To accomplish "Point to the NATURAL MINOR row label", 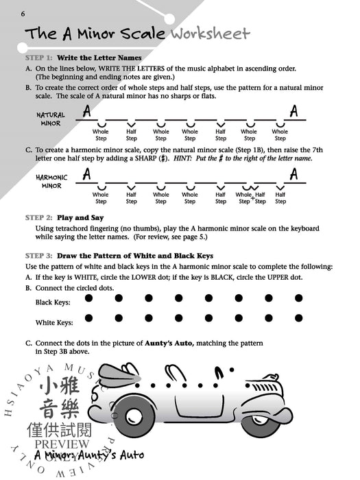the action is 50,119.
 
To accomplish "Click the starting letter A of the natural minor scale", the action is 86,110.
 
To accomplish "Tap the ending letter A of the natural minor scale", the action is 293,110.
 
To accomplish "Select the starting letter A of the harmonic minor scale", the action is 86,174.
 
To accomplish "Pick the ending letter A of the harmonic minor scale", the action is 293,174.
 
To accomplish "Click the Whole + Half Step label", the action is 250,198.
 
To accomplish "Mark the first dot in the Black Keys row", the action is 88,298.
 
